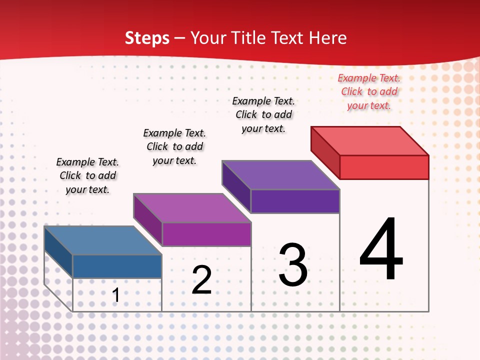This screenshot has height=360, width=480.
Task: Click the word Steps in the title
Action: (147, 38)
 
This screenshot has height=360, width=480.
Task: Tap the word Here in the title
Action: (327, 38)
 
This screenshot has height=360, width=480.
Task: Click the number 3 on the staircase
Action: (293, 265)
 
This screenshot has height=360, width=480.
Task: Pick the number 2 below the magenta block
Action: (201, 280)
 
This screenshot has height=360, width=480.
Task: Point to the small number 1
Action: (115, 295)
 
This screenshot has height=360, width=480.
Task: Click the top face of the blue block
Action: (103, 240)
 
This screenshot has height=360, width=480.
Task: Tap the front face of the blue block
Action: (117, 266)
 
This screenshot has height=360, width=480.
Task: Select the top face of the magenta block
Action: (192, 207)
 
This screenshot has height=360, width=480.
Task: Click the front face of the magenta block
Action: (206, 234)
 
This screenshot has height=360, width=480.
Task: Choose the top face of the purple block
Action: (281, 175)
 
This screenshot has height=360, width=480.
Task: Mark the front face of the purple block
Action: (295, 201)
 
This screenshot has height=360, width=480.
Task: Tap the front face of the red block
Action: (384, 167)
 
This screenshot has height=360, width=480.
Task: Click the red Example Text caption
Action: (369, 91)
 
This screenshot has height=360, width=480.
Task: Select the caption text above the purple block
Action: (263, 114)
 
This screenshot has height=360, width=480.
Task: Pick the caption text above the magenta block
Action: (174, 146)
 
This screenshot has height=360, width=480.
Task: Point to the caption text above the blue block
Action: (87, 175)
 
